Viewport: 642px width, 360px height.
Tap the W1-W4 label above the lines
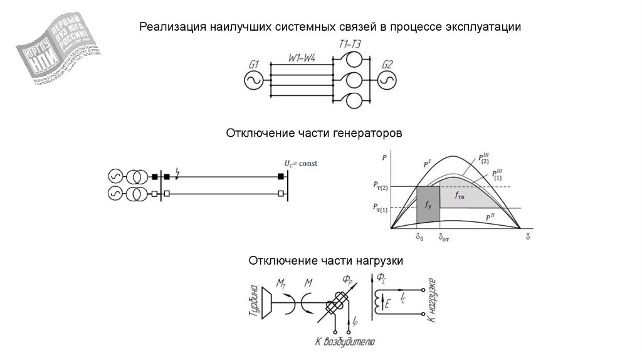pos(302,58)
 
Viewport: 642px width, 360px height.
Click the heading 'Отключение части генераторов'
pos(313,134)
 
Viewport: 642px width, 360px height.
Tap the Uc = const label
pos(301,164)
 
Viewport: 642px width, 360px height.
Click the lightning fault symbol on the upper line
pos(179,173)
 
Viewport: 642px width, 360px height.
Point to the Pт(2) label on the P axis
pos(380,186)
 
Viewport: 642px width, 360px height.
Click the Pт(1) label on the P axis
pos(380,208)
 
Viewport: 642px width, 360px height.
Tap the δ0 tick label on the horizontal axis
pos(419,238)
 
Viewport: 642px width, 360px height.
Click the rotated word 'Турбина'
pos(253,304)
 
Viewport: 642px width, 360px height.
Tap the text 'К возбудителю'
pos(345,342)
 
